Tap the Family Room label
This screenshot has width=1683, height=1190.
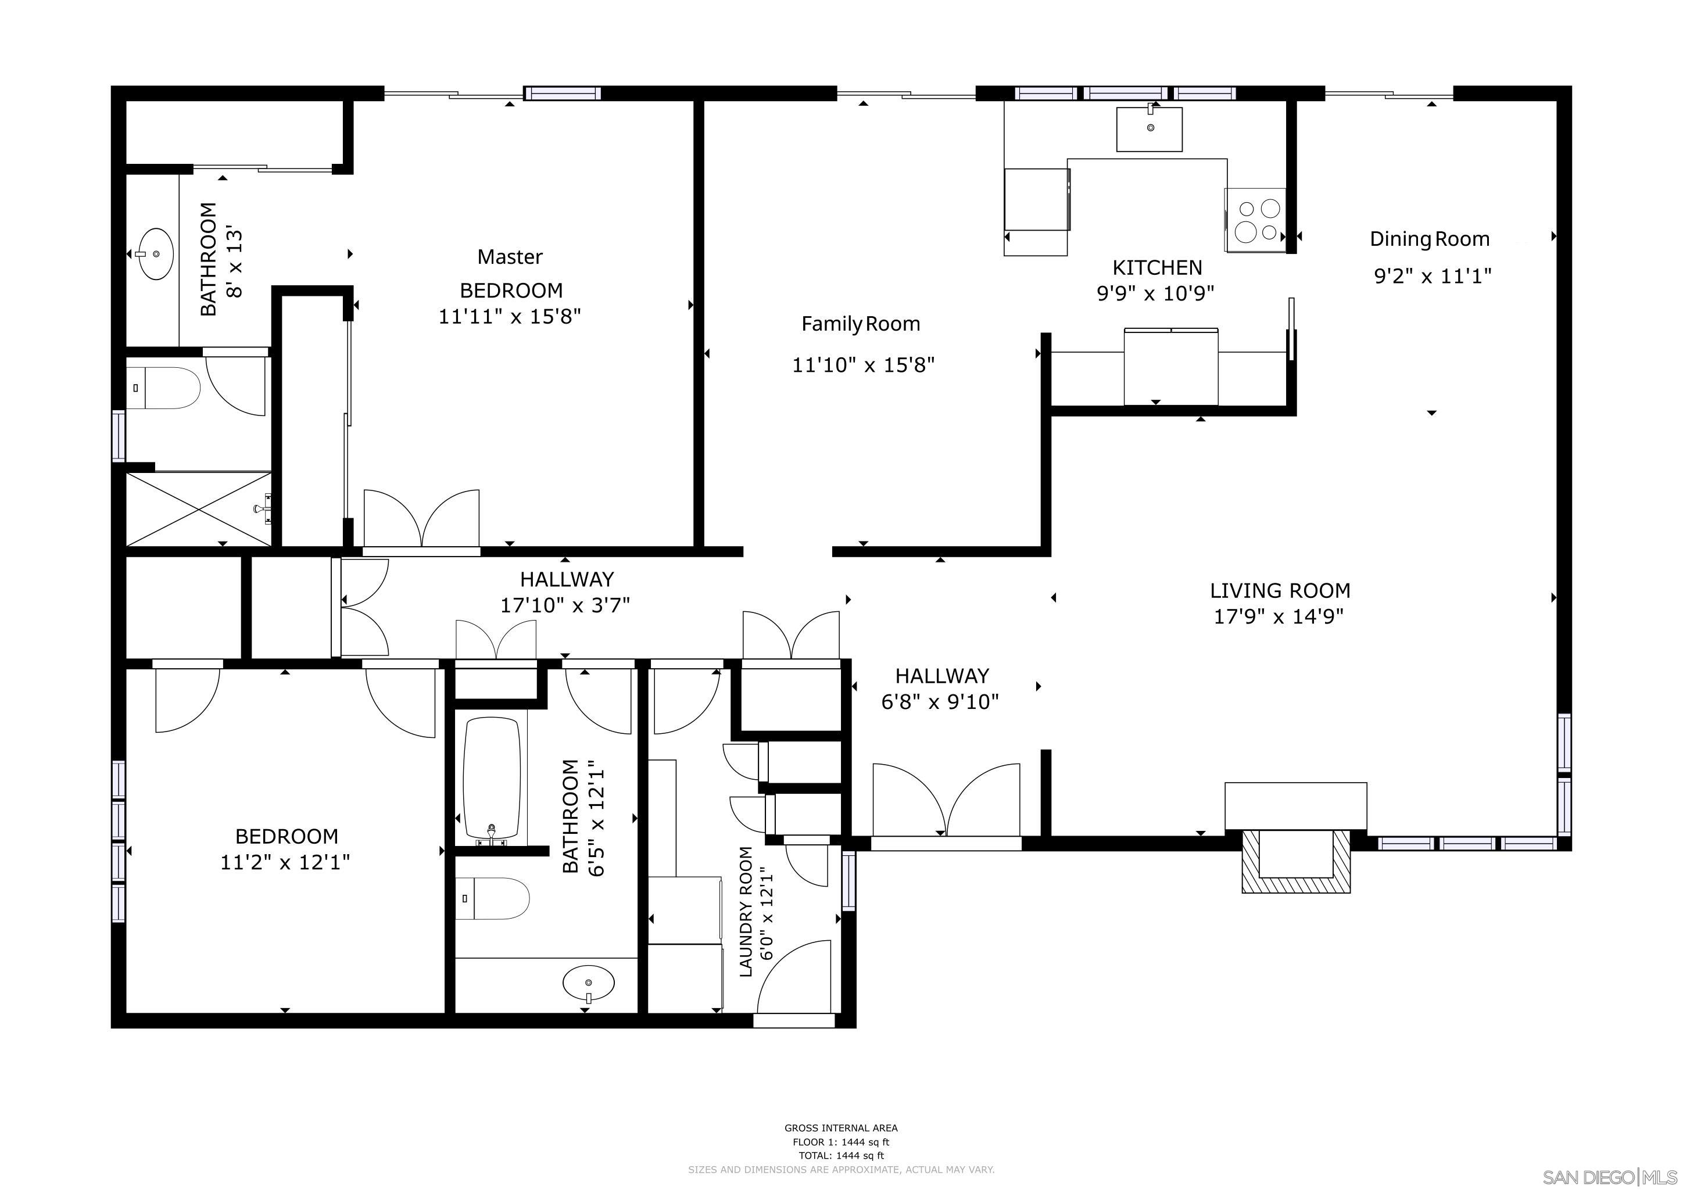(x=860, y=324)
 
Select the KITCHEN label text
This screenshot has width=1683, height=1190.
(x=1156, y=267)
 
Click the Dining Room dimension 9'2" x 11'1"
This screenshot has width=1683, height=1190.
(x=1431, y=276)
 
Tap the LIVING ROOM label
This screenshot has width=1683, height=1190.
(x=1279, y=590)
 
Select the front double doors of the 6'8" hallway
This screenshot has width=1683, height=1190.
(x=946, y=803)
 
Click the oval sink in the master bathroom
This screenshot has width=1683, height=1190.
(x=156, y=253)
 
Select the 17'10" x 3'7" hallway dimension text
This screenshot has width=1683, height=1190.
(x=564, y=605)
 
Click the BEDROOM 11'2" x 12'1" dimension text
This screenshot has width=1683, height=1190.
(x=285, y=862)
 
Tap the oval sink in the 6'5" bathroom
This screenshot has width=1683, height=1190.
(x=589, y=983)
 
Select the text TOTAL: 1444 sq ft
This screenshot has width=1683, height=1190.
(x=841, y=1156)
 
